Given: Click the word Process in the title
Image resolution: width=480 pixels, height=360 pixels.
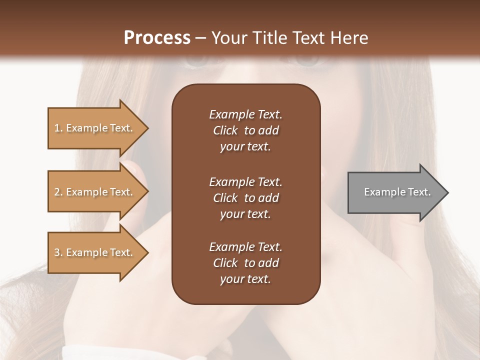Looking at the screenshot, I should (157, 38).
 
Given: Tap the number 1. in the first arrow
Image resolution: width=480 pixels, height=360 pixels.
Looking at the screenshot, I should (58, 128).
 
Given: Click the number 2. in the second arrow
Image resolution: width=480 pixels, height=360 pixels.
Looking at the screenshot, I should (58, 192).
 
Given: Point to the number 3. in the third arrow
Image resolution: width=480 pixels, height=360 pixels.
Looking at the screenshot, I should (58, 252).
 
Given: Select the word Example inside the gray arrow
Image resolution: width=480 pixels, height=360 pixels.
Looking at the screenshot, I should (382, 192).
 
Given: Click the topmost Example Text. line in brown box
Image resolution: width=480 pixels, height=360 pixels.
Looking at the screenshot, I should (245, 114).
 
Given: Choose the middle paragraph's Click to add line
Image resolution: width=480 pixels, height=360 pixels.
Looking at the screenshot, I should (245, 198).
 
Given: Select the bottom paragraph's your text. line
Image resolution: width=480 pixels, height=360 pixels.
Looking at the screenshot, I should (245, 279).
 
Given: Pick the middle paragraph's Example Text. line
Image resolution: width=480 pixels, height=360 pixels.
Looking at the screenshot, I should (245, 181).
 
